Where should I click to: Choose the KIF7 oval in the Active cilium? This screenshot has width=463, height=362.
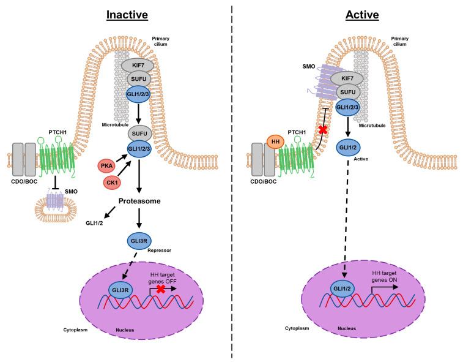point(347,78)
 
